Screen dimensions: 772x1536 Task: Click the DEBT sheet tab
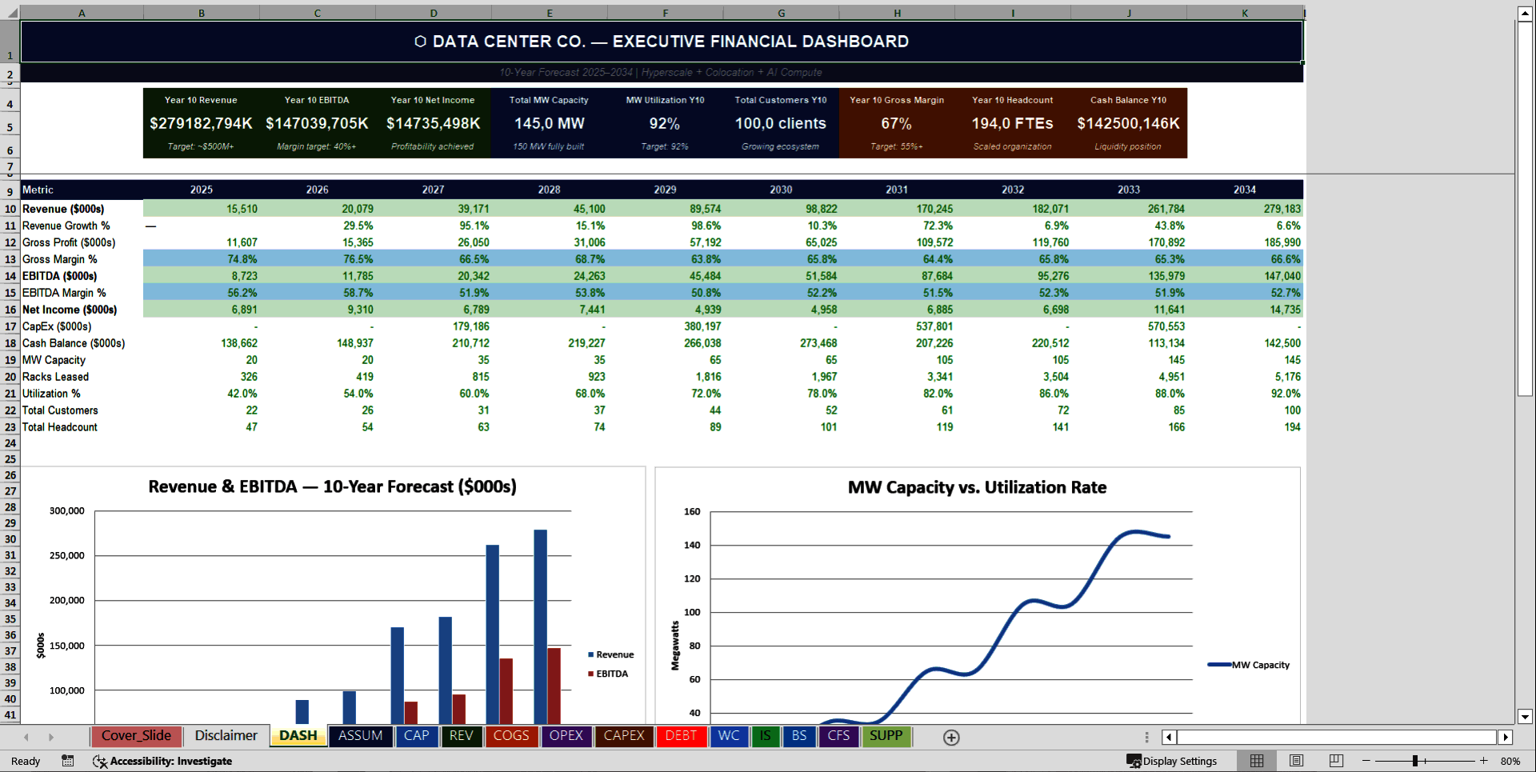[x=681, y=736]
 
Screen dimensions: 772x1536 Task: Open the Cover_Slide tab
[x=136, y=736]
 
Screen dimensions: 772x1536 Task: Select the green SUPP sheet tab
[x=886, y=736]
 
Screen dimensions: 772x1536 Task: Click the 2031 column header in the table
[x=897, y=190]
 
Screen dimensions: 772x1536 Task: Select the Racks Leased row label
[x=55, y=377]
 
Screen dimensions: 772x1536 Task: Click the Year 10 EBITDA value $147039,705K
[x=317, y=123]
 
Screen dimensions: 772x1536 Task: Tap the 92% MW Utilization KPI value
[x=664, y=123]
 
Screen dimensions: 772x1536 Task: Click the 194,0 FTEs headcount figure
[x=1012, y=123]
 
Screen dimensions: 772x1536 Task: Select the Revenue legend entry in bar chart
[x=614, y=654]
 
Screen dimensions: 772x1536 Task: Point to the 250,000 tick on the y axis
[x=67, y=555]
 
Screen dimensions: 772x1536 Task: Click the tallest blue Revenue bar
[x=540, y=624]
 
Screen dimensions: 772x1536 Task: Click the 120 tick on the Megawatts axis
[x=692, y=578]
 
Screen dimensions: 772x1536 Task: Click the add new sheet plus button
[x=950, y=738]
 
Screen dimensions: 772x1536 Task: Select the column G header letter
[x=781, y=13]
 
